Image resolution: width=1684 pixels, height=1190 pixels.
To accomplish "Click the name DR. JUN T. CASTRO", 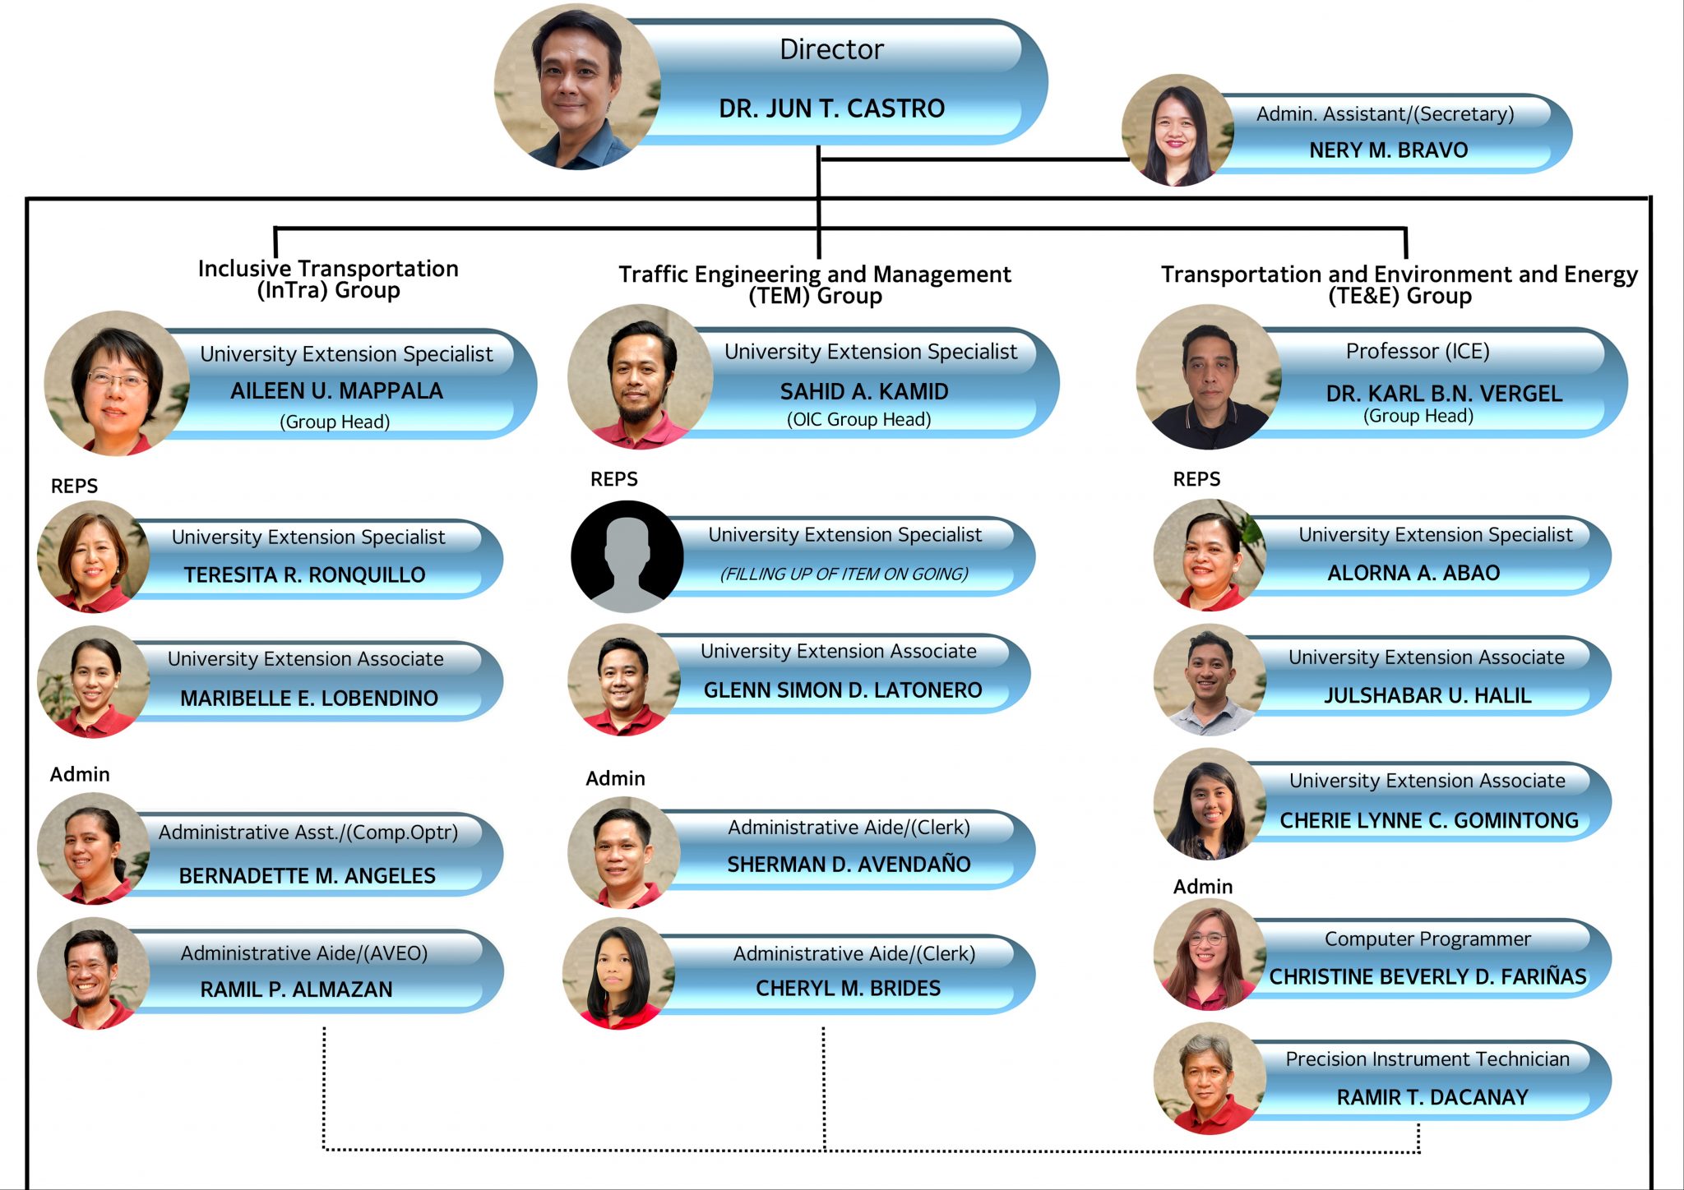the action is tap(831, 108).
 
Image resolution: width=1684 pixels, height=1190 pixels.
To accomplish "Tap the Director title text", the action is tap(831, 49).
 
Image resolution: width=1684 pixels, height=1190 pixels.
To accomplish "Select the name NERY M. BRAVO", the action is tap(1388, 150).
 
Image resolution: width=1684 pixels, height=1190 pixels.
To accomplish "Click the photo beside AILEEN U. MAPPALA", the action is tap(117, 383).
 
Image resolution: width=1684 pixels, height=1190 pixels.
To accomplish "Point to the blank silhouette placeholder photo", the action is tap(627, 556).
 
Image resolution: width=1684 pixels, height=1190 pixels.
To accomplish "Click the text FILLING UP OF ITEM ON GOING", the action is tap(844, 574).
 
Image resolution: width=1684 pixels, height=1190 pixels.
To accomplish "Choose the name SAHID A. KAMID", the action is tap(864, 391).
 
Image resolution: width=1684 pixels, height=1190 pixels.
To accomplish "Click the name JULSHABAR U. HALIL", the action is tap(1427, 695).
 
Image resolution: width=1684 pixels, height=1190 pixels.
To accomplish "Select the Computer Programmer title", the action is tap(1427, 939).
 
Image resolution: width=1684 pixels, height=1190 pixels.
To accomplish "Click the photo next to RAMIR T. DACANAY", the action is tap(1210, 1079).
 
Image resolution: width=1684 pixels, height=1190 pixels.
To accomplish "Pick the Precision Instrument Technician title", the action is tap(1427, 1059).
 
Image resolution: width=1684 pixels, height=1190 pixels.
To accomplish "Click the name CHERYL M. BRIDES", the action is tap(848, 988).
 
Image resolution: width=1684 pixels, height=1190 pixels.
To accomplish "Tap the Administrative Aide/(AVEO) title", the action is tap(304, 953).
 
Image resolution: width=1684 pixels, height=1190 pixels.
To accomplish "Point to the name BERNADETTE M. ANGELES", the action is tap(308, 876).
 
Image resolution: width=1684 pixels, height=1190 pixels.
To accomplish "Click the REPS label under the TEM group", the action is tap(614, 479).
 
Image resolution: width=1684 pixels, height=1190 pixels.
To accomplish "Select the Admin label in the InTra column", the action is tap(80, 774).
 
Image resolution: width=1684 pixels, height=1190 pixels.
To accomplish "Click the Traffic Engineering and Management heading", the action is tap(815, 274).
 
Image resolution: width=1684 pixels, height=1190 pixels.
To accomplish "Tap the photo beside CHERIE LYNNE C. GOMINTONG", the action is tap(1210, 804).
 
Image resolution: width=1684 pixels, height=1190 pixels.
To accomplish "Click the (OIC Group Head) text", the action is tap(858, 419).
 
